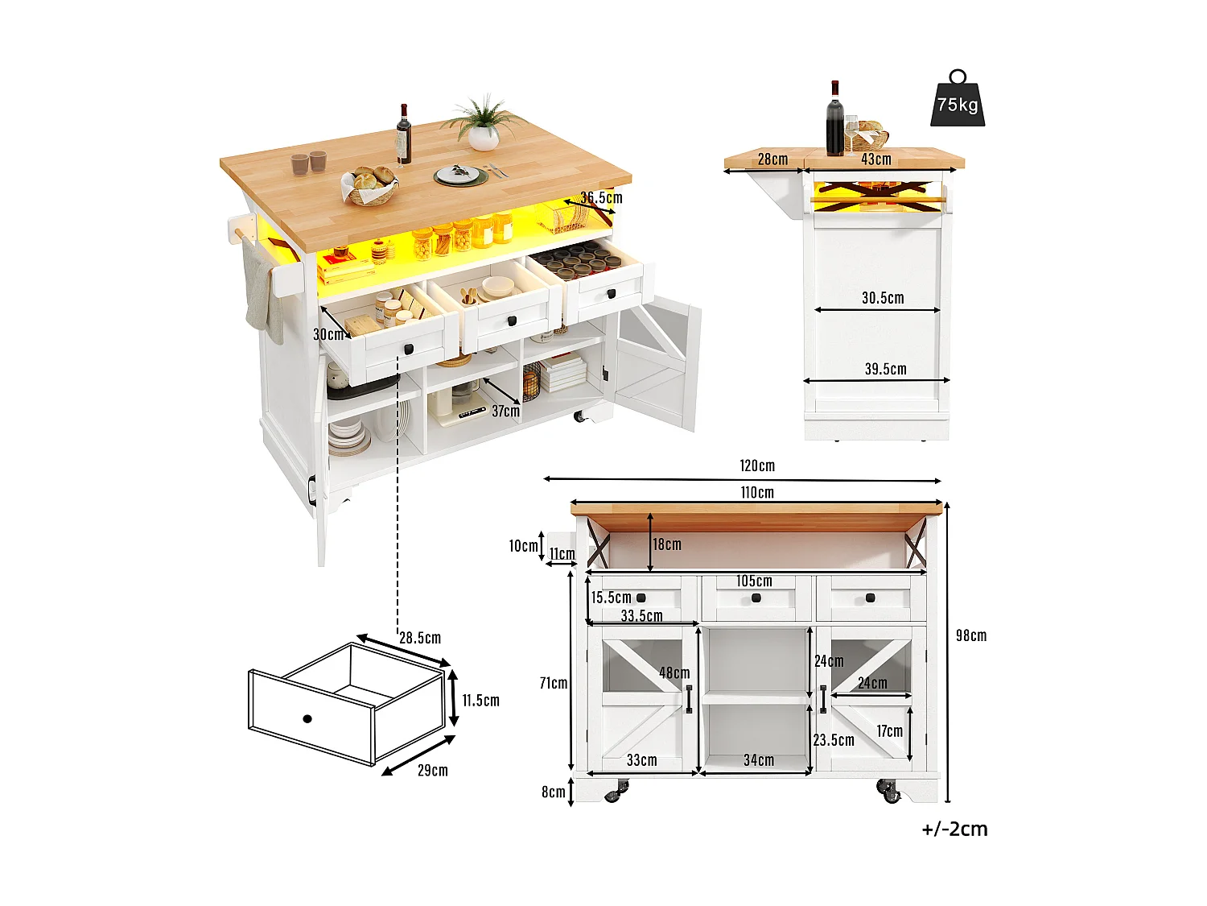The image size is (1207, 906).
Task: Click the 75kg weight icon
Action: pos(958,101)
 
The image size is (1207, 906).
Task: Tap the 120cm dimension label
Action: pos(757,465)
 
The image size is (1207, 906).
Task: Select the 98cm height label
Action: pos(970,635)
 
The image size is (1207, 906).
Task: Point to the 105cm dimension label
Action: pos(754,581)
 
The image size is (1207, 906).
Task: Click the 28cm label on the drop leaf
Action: pos(772,159)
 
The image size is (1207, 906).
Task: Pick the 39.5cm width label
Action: pos(885,369)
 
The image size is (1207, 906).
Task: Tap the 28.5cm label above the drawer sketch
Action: pos(420,638)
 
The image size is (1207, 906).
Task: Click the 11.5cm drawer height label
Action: pos(480,701)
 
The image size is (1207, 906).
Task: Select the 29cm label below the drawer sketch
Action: pos(432,770)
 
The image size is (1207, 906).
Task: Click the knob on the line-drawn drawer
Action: pos(307,718)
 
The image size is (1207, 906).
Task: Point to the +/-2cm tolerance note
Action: pos(954,829)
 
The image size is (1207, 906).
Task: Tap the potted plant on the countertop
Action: pos(483,125)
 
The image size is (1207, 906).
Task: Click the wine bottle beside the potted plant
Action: pos(403,134)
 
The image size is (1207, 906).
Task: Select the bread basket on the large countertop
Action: pos(369,186)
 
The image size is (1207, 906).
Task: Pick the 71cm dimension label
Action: pos(554,683)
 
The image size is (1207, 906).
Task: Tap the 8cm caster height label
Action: pos(553,792)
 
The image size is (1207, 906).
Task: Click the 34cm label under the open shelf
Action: pos(758,759)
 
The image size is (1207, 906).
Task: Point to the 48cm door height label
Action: pos(674,672)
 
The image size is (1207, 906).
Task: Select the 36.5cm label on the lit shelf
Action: pos(601,197)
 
